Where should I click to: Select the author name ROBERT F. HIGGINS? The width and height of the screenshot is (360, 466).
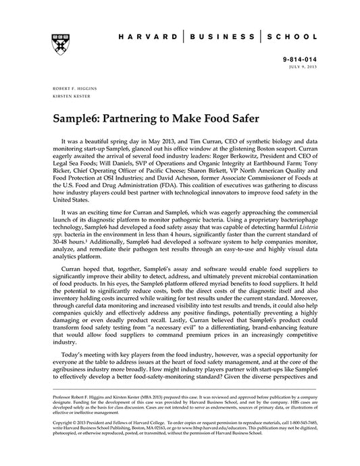click(x=74, y=88)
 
